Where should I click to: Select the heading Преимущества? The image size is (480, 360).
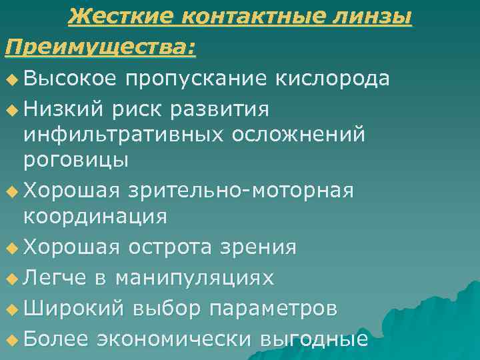101,47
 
